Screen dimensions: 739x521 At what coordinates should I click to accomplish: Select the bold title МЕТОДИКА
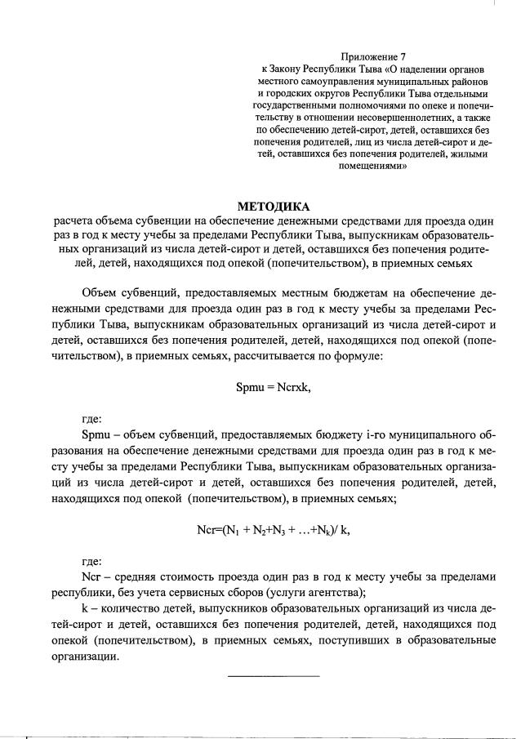tap(274, 206)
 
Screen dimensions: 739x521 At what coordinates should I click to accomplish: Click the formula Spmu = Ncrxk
tap(274, 386)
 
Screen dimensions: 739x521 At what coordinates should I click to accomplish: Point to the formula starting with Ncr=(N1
tap(274, 529)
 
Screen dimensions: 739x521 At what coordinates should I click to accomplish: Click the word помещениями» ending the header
tap(373, 164)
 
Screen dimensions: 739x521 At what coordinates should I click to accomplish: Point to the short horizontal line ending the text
tap(274, 675)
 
